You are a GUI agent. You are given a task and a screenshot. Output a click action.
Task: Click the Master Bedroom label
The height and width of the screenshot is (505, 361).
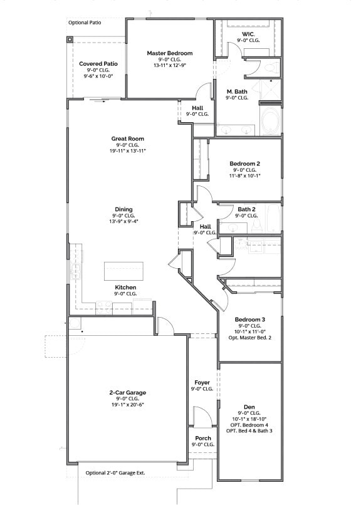point(170,53)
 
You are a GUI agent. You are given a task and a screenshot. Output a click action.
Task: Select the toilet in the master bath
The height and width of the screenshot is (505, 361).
point(272,66)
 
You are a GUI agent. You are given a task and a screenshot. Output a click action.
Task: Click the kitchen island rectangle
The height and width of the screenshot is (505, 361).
point(123,271)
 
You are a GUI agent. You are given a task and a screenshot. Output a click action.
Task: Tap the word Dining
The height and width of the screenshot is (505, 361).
point(123,209)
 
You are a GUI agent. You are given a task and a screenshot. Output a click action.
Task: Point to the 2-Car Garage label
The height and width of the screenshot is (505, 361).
point(127,393)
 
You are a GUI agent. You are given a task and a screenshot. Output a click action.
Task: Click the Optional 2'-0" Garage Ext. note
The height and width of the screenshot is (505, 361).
point(119,472)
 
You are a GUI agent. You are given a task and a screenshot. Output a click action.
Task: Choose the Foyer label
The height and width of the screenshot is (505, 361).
point(202,382)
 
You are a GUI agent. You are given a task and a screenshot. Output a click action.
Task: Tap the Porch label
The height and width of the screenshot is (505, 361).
point(202,438)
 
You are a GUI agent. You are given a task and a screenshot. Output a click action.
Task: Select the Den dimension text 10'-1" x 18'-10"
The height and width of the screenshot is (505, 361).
point(249,419)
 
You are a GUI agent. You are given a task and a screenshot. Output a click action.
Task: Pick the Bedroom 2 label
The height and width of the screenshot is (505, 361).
point(244,163)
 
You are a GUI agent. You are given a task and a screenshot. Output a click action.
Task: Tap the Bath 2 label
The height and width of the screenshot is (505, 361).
point(246,209)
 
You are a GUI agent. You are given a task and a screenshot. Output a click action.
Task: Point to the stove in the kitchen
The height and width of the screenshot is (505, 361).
point(104,305)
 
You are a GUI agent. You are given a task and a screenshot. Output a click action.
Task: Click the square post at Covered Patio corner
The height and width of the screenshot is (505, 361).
point(70,39)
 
